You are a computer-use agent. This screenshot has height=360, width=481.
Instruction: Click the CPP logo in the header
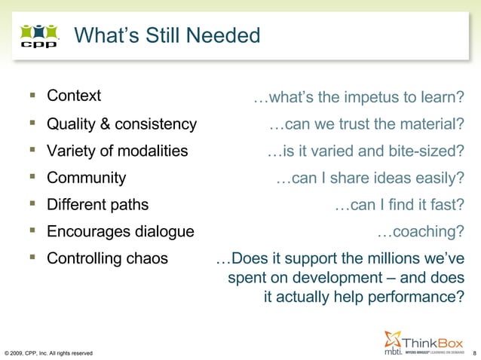point(38,35)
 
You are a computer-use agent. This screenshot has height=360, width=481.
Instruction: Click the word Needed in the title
point(226,35)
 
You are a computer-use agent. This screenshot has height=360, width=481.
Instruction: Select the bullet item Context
point(74,96)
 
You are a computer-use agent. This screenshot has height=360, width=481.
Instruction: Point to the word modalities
point(151,151)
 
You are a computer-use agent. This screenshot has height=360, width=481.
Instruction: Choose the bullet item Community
point(86,178)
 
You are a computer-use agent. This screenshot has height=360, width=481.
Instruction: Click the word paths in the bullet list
point(130,205)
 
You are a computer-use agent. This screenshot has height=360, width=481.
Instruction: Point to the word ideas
point(393,178)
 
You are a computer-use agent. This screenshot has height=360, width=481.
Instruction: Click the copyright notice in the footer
point(49,352)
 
